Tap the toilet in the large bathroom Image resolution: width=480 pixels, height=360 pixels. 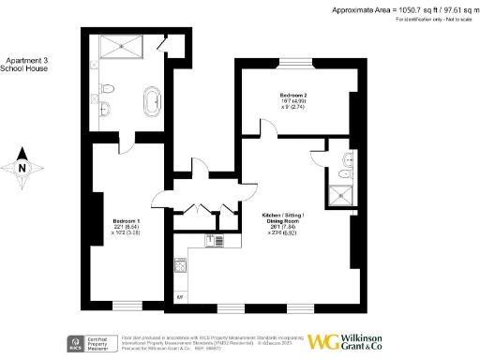pos(108,89)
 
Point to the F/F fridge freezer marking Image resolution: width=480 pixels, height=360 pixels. pos(180,297)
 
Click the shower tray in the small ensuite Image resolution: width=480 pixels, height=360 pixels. pos(337,195)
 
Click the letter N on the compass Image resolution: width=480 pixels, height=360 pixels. pos(23,169)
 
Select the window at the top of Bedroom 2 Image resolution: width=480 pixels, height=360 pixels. pos(298,62)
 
